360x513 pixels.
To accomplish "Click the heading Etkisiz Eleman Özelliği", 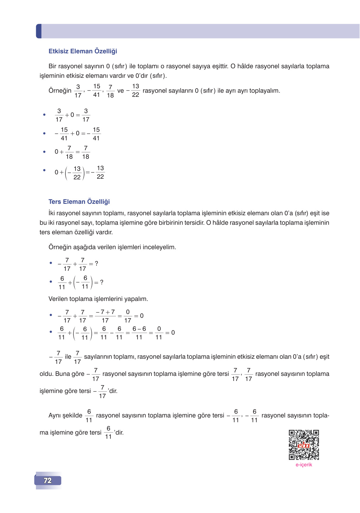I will click(x=83, y=51).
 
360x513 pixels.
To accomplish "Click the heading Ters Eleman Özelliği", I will click(x=79, y=202).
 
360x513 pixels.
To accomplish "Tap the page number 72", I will click(x=48, y=481).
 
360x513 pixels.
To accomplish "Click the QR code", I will click(x=304, y=445).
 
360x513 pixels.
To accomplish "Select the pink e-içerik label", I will click(x=304, y=465).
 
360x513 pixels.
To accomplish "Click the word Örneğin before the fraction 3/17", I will click(x=60, y=91).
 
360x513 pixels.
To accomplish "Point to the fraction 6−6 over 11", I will click(x=139, y=333).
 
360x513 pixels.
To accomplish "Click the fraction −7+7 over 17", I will click(x=105, y=316).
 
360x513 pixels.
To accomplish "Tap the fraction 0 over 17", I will click(x=128, y=316).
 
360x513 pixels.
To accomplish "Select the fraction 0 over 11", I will click(x=159, y=333).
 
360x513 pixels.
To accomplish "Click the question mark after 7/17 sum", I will click(x=97, y=263).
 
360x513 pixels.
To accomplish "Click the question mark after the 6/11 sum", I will click(x=102, y=282).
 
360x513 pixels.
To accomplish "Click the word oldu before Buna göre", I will click(x=46, y=374).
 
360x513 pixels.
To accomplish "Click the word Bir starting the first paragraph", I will click(x=53, y=66).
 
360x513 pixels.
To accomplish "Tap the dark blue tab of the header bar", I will click(x=39, y=31).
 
